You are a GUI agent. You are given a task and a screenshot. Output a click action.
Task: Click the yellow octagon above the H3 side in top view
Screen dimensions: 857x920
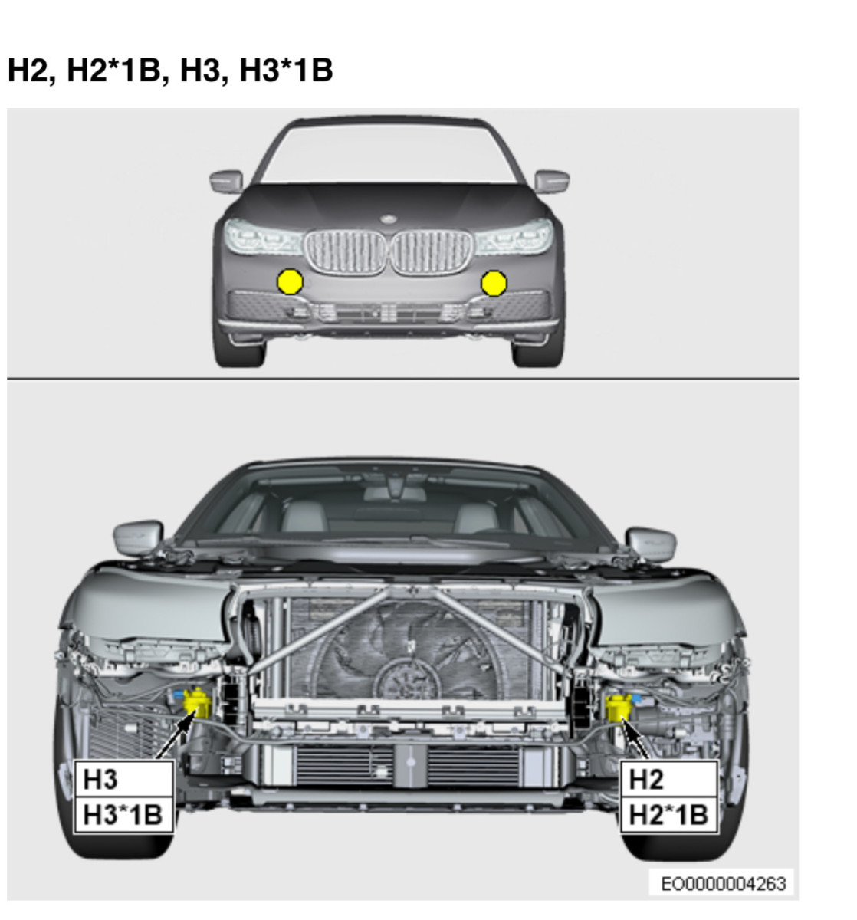pyautogui.click(x=291, y=281)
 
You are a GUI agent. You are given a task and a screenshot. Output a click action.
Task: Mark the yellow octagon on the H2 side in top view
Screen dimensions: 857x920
pyautogui.click(x=494, y=283)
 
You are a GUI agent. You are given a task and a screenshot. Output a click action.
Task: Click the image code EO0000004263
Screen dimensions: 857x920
pyautogui.click(x=723, y=884)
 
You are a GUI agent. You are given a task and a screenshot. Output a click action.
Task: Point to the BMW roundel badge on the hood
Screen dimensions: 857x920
pyautogui.click(x=389, y=219)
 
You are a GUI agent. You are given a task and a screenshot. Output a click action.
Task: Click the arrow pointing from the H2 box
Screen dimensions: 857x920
pyautogui.click(x=635, y=739)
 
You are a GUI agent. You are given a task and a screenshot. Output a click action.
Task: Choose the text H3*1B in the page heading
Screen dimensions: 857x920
pyautogui.click(x=286, y=70)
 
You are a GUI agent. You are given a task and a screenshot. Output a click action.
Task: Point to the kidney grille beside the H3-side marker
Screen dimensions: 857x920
pyautogui.click(x=346, y=252)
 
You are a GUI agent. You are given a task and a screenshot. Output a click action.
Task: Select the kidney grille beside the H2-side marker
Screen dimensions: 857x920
pyautogui.click(x=432, y=252)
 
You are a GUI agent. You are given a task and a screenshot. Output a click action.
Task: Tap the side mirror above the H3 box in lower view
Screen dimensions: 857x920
pyautogui.click(x=138, y=538)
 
